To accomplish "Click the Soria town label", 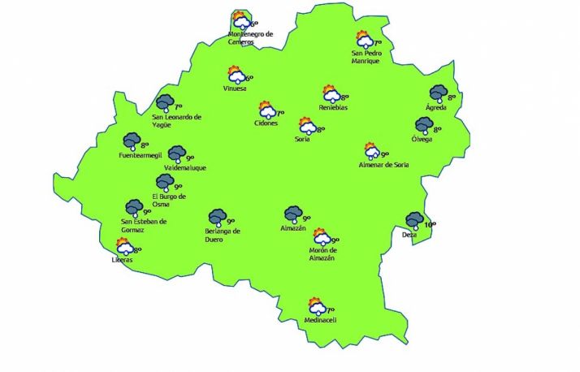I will click(301, 139).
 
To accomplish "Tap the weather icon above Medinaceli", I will click(315, 307).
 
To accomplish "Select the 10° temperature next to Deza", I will click(430, 224).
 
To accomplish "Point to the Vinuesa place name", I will click(235, 89).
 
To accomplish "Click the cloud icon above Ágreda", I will click(439, 94).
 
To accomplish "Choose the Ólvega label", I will click(422, 139).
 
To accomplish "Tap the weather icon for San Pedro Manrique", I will click(364, 39).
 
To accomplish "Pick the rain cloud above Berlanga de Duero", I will click(217, 217).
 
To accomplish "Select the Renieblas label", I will click(334, 107).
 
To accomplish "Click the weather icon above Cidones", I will click(266, 110).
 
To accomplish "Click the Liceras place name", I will click(122, 260).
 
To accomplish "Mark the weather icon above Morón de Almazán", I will click(320, 237).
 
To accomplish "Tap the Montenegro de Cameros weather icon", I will click(240, 21).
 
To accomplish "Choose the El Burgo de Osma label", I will click(169, 200).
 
